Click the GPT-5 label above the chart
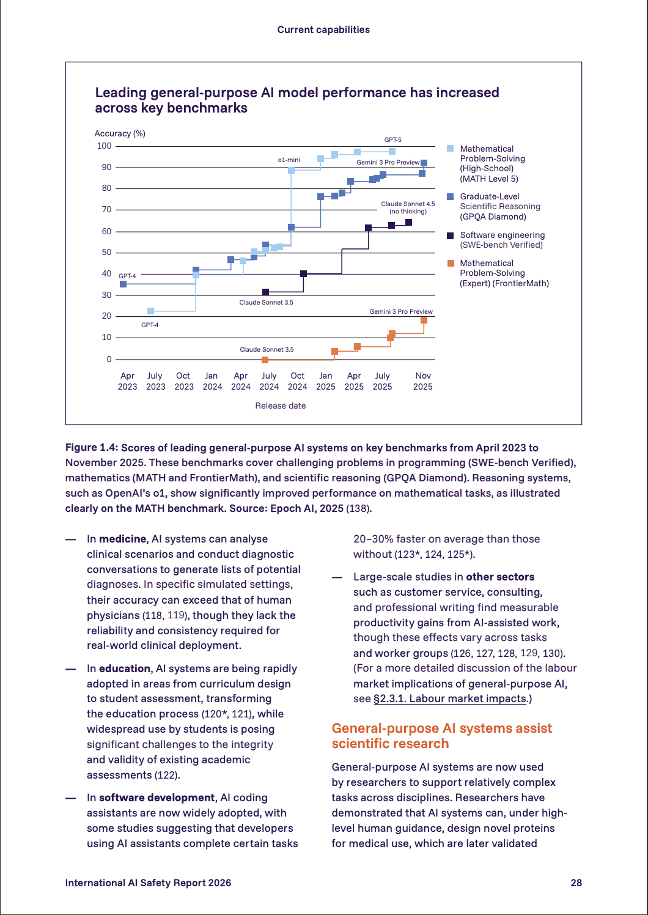tap(392, 140)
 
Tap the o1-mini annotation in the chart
tap(289, 160)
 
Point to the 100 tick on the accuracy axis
tap(104, 146)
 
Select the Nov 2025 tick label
tap(423, 381)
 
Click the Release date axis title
tap(281, 406)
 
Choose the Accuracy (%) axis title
tap(120, 133)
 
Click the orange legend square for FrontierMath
tap(451, 263)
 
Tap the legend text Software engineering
tap(503, 235)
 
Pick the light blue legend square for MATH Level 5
tap(451, 149)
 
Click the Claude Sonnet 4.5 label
tap(408, 204)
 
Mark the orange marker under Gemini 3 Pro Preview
tap(424, 320)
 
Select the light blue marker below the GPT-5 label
tap(392, 151)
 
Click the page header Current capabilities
tap(323, 29)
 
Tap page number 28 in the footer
tap(576, 883)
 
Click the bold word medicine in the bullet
tap(123, 539)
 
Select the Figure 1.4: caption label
tap(92, 448)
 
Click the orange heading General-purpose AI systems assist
tap(441, 728)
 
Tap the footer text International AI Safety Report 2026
tap(148, 883)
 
